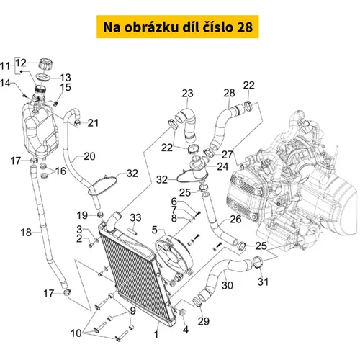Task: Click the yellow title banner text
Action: point(178,27)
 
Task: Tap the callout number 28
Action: point(229,93)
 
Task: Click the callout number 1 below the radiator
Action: point(156,334)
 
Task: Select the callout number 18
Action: point(26,233)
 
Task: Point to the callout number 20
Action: point(89,156)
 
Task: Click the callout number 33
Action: point(135,217)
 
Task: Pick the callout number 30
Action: point(227,285)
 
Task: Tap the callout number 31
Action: point(263,282)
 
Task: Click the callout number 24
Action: point(222,166)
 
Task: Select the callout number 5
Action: point(155,230)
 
